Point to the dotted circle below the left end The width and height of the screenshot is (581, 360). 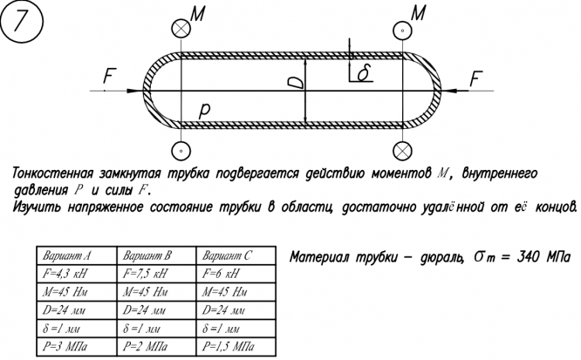pos(180,150)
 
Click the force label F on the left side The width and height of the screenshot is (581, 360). pos(108,78)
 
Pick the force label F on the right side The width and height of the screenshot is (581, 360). pos(476,78)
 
